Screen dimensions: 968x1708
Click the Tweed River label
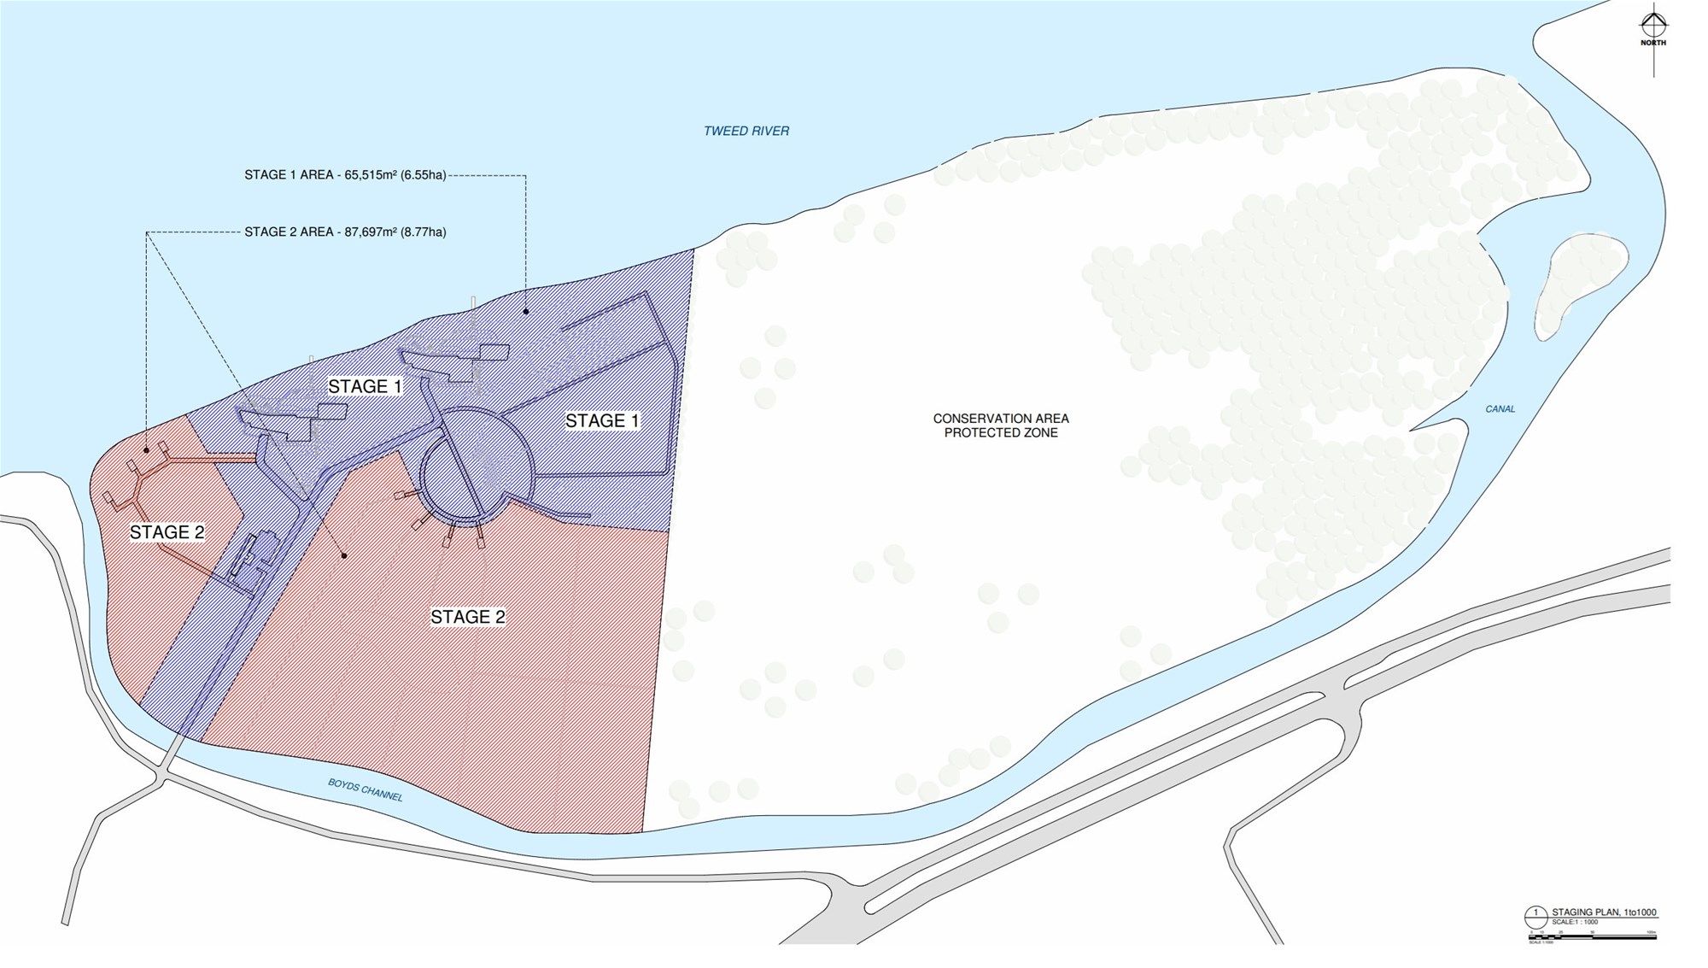pyautogui.click(x=746, y=131)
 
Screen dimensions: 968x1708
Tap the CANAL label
pyautogui.click(x=1500, y=409)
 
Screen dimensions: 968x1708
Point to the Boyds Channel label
pyautogui.click(x=366, y=789)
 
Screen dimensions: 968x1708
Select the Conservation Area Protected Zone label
pyautogui.click(x=1001, y=425)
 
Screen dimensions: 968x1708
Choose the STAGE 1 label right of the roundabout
pyautogui.click(x=602, y=420)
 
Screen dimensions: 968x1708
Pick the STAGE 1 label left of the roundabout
pyautogui.click(x=365, y=386)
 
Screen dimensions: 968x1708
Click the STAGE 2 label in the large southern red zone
pyautogui.click(x=467, y=617)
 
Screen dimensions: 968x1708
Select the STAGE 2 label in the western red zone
pyautogui.click(x=167, y=532)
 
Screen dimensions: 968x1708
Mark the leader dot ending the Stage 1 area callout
pyautogui.click(x=526, y=311)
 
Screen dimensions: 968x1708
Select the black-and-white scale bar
pyautogui.click(x=1592, y=939)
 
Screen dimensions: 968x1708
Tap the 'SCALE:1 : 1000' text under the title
pyautogui.click(x=1575, y=922)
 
